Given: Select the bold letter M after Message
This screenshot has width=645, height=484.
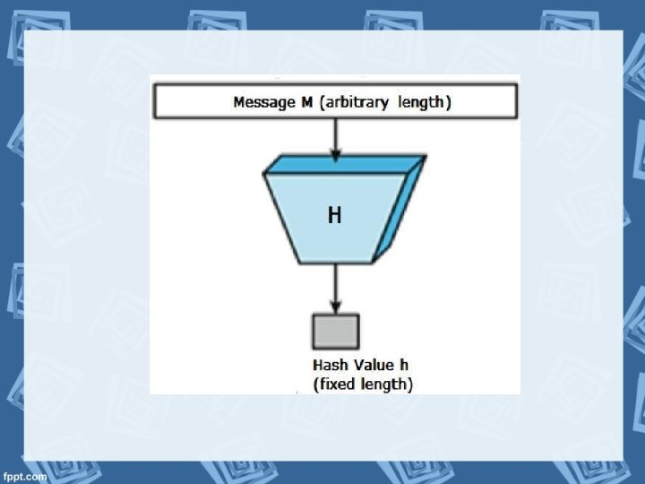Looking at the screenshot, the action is click(x=307, y=102).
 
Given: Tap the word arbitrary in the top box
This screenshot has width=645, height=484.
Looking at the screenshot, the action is click(x=357, y=102).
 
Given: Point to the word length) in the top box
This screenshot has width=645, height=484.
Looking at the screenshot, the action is click(x=424, y=102).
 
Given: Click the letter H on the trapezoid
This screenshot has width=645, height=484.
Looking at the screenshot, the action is click(x=334, y=216).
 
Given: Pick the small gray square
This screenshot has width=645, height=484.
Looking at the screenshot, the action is click(x=335, y=332).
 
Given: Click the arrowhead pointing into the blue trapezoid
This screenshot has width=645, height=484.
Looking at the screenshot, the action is click(x=335, y=155).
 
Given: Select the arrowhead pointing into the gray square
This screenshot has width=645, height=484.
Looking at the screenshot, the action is click(x=335, y=307).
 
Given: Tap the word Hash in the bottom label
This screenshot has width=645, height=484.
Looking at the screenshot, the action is click(x=329, y=366).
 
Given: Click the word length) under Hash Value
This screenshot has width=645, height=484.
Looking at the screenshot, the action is click(x=388, y=385).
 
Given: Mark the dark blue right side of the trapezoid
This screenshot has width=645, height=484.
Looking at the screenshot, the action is click(x=400, y=211).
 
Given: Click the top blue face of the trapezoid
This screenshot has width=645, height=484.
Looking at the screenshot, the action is click(x=345, y=164).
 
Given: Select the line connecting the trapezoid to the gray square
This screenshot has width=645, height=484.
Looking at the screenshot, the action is click(x=335, y=282).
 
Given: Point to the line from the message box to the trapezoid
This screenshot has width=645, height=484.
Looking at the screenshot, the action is click(x=335, y=134).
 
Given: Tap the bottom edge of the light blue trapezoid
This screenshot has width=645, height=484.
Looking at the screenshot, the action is click(x=334, y=263).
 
